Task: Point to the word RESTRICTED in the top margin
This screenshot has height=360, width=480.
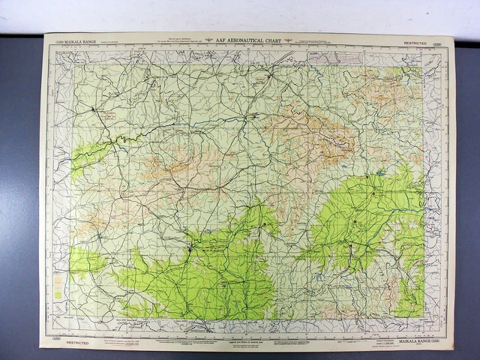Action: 415,43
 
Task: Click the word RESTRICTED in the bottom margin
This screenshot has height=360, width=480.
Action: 77,342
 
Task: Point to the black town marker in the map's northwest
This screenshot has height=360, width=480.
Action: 94,109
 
